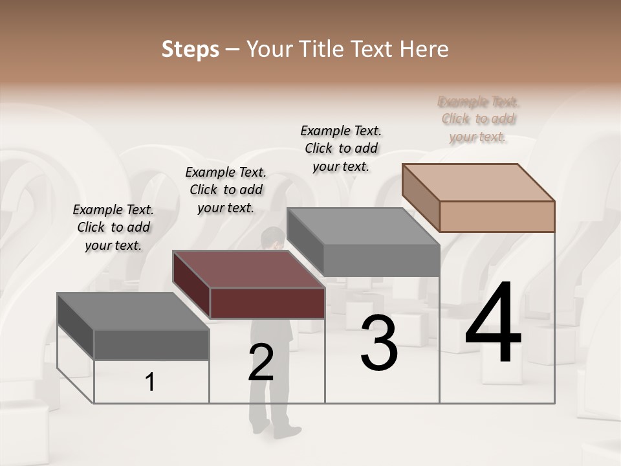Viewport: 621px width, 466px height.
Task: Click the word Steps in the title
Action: click(190, 50)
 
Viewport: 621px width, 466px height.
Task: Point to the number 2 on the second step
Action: click(261, 362)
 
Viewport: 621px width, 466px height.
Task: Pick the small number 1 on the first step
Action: click(150, 383)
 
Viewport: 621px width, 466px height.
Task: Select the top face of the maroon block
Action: click(249, 269)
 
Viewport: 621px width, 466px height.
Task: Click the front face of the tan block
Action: click(497, 216)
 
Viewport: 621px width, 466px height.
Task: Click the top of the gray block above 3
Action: click(363, 227)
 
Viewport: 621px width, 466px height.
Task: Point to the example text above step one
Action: click(113, 227)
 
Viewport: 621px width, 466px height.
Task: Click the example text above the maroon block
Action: click(226, 190)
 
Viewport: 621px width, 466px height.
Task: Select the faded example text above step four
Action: click(478, 119)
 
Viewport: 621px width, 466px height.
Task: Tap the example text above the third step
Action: click(341, 148)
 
